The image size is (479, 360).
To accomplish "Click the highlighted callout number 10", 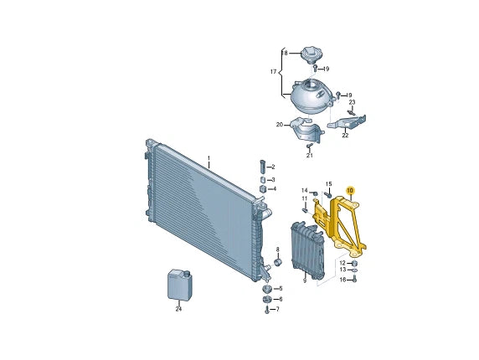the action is (x=350, y=191).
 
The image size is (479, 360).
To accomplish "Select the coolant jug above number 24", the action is (x=179, y=285).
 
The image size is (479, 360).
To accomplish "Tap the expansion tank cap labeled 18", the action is (x=311, y=55).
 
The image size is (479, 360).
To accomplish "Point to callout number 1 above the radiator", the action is (x=209, y=158).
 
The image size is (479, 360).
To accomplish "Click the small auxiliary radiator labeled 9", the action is (x=307, y=249).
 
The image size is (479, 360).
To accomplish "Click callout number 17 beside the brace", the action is (x=273, y=72).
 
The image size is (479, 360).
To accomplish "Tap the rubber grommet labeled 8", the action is (x=278, y=262).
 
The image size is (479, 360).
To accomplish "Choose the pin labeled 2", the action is (x=263, y=166).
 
